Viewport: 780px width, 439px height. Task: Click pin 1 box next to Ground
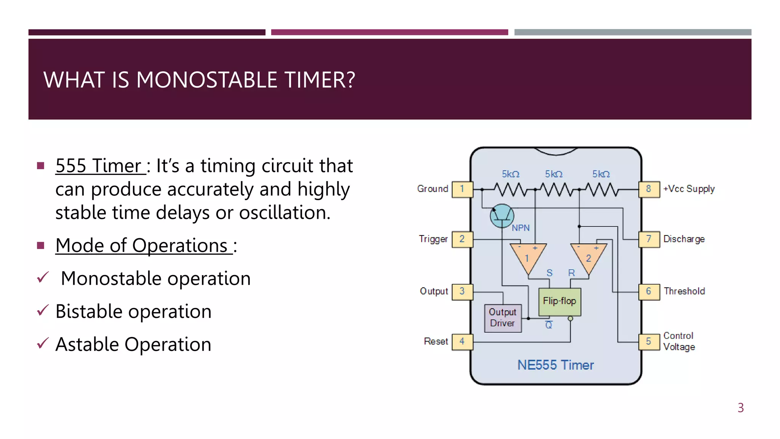[x=462, y=189]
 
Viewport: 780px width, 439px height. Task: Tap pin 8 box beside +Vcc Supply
[x=649, y=189]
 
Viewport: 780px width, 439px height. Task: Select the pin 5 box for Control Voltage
[x=649, y=341]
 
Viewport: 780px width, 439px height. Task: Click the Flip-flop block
[x=559, y=301]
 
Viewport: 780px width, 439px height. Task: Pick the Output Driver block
[x=503, y=318]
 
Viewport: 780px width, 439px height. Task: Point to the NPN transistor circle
[x=502, y=216]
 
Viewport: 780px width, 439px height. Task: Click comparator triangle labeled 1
[x=528, y=256]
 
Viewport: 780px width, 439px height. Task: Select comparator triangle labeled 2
[x=588, y=256]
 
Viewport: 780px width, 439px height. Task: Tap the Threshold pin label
[x=684, y=291]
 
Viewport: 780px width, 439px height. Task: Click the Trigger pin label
[x=433, y=239]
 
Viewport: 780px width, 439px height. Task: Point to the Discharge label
[x=684, y=239]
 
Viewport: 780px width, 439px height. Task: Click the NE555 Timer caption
[x=555, y=365]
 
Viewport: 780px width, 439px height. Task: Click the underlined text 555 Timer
[x=100, y=166]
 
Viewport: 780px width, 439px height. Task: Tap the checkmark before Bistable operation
[x=43, y=311]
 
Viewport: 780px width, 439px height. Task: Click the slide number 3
[x=740, y=408]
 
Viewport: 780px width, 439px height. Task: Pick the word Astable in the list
[x=87, y=344]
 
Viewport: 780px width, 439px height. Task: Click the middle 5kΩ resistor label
[x=553, y=174]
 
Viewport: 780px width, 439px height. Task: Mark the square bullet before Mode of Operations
[x=41, y=245]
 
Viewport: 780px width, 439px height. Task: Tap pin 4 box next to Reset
[x=462, y=341]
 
